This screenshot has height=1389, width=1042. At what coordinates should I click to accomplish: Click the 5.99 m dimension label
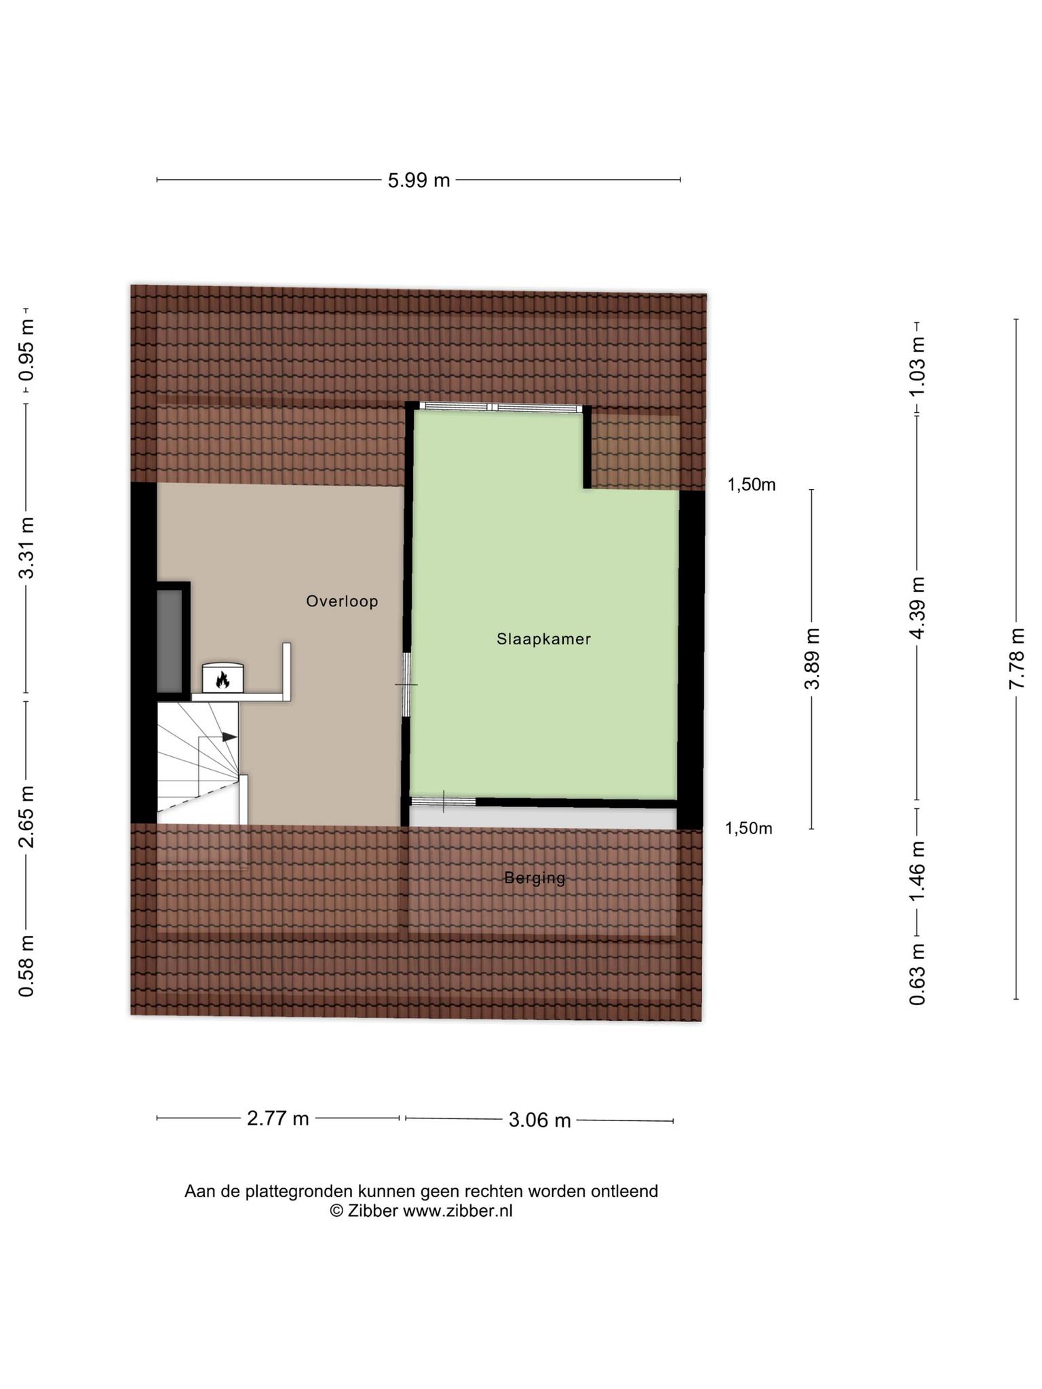click(x=419, y=180)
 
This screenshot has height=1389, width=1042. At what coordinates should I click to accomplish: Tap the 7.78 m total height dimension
click(x=1016, y=659)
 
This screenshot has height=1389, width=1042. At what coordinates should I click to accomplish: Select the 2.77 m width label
click(x=277, y=1118)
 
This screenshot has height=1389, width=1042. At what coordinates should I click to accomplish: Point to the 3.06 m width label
click(x=539, y=1120)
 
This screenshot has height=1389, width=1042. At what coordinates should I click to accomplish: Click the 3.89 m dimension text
click(x=811, y=659)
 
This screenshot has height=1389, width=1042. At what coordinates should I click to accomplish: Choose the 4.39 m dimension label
click(x=917, y=608)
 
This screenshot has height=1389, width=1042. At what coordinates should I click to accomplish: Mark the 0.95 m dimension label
click(x=26, y=350)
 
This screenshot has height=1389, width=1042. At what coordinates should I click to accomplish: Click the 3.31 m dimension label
click(x=26, y=548)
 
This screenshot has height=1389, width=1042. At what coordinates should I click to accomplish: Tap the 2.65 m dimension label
click(x=26, y=817)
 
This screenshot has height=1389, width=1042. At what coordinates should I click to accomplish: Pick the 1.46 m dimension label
click(x=917, y=872)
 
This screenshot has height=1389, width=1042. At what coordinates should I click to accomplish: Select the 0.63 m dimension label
click(x=917, y=974)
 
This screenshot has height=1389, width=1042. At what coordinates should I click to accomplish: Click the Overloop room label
click(x=342, y=601)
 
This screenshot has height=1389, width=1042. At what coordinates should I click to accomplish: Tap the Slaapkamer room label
click(x=543, y=639)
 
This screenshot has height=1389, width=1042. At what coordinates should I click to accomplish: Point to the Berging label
click(x=535, y=878)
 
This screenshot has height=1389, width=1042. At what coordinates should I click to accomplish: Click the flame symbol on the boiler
click(x=223, y=679)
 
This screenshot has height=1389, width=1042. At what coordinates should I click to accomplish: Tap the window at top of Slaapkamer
click(x=501, y=407)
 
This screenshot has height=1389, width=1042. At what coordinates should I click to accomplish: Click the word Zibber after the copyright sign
click(x=373, y=1211)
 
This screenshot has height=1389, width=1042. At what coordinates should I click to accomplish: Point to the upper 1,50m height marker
click(x=752, y=485)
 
